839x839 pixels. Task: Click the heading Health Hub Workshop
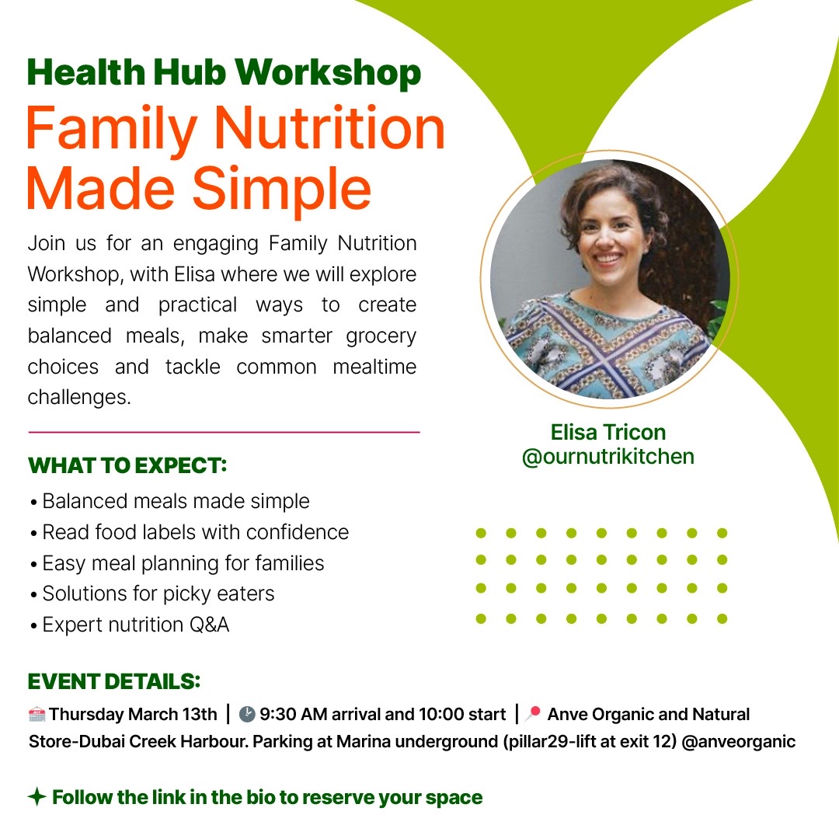[x=224, y=73]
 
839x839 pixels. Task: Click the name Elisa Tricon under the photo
[x=608, y=432]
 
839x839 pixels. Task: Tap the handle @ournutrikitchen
[x=608, y=456]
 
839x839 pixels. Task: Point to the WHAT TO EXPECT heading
[x=127, y=466]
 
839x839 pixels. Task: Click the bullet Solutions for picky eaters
[x=158, y=594]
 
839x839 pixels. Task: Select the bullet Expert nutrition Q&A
[x=136, y=625]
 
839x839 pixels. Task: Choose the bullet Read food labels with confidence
[x=195, y=532]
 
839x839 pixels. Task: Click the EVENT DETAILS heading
[x=114, y=681]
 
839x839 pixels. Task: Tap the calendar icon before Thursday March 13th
[x=37, y=714]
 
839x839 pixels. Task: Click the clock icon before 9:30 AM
[x=247, y=714]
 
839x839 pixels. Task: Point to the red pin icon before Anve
[x=533, y=713]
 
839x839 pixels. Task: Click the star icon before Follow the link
[x=36, y=797]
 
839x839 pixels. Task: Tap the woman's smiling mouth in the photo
[x=608, y=258]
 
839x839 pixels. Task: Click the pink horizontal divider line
[x=224, y=432]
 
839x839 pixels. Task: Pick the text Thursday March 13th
[x=134, y=714]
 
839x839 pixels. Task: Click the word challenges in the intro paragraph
[x=78, y=397]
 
